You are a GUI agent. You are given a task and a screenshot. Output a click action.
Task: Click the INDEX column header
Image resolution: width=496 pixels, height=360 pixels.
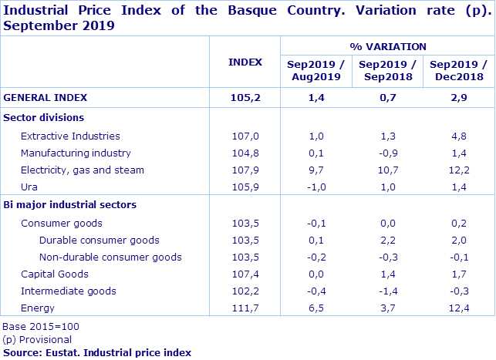point(245,62)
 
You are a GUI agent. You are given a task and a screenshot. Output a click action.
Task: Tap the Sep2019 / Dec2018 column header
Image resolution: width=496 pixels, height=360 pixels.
point(457,70)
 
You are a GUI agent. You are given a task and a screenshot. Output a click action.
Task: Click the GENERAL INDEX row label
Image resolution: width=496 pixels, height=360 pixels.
point(46,98)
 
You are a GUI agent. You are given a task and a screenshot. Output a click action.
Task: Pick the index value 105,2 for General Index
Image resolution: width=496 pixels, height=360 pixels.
point(245,98)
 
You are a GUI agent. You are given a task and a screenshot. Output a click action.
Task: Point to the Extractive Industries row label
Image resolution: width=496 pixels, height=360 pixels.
point(70,136)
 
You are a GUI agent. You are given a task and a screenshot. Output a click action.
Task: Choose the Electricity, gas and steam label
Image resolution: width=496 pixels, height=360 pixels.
point(83,170)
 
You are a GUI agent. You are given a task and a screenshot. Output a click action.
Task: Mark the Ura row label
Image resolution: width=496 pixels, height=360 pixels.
point(29,187)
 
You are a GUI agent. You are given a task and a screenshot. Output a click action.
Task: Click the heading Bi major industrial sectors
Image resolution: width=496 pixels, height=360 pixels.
point(70,205)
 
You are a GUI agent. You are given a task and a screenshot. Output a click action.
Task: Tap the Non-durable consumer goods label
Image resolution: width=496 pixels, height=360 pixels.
point(110,257)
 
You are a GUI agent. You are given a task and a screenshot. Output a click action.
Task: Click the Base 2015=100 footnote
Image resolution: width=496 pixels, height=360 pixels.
point(40,326)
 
